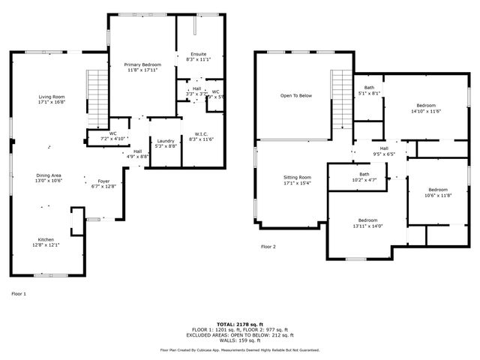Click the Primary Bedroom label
142,67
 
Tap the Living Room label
52,99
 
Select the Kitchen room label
46,241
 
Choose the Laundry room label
166,143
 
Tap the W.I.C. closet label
202,136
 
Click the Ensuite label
198,56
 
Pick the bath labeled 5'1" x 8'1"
368,90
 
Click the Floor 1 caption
19,293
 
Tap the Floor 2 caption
268,247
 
